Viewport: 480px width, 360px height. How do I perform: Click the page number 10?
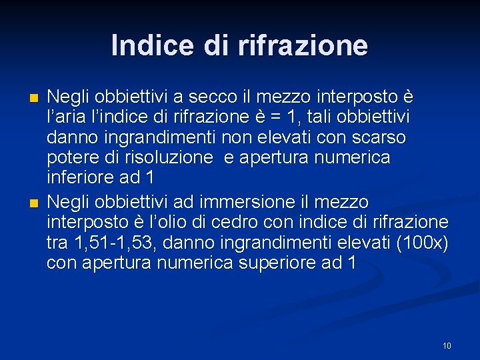(x=447, y=345)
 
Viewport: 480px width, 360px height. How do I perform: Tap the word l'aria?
(x=67, y=117)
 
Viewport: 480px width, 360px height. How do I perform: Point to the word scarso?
(x=381, y=138)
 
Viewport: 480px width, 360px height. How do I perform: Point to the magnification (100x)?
(x=422, y=242)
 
